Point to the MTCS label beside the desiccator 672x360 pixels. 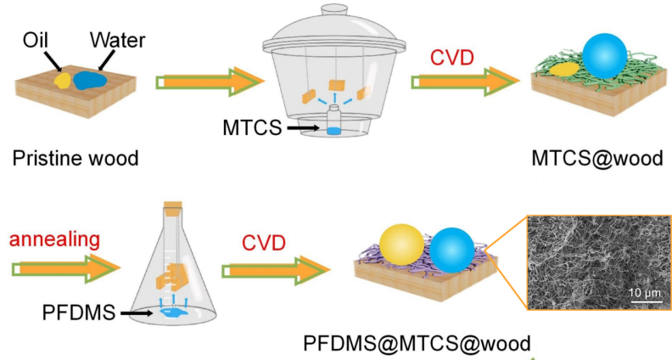(x=252, y=128)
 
